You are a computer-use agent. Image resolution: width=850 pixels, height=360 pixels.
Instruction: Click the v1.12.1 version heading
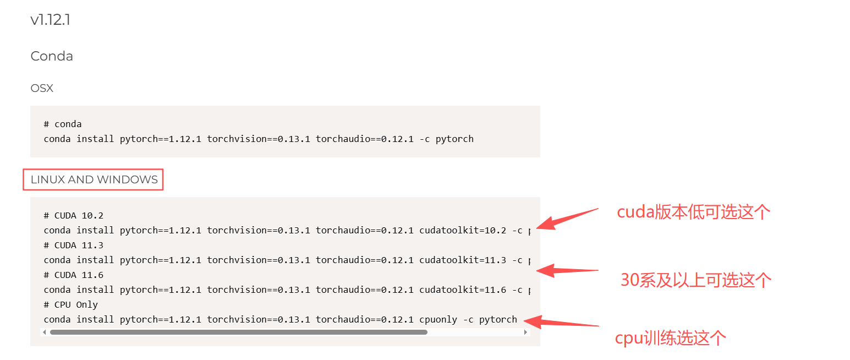pos(50,20)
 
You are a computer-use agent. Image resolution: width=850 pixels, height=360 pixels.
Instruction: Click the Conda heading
pos(52,56)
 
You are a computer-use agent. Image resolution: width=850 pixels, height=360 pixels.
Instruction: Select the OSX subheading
pos(42,88)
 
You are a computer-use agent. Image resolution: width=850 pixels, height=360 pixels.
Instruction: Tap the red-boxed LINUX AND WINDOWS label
pos(94,179)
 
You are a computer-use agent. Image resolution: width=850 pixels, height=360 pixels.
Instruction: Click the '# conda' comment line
pos(63,124)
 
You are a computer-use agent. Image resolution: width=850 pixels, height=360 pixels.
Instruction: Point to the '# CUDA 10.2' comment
pos(74,215)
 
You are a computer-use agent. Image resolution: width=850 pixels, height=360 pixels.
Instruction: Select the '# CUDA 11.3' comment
pos(74,245)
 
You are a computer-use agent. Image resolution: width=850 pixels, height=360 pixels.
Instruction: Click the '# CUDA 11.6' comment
pos(74,275)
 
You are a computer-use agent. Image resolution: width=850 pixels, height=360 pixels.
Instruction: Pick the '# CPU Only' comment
pos(71,304)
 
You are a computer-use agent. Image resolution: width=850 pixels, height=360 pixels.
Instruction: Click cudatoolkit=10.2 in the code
pos(462,230)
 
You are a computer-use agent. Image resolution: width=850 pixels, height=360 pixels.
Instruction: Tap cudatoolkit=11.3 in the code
pos(462,260)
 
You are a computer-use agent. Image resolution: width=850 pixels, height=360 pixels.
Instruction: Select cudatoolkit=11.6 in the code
pos(462,290)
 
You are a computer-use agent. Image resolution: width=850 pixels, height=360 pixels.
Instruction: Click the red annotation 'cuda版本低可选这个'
pos(693,212)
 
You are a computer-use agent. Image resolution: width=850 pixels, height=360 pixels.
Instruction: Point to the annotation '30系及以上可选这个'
pos(696,280)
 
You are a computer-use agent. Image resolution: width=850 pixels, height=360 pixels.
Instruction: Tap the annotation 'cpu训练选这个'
pos(670,337)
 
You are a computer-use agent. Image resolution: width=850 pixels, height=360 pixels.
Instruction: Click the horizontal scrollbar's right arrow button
pos(525,332)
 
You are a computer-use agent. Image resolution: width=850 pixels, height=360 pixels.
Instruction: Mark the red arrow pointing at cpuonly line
pos(561,323)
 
